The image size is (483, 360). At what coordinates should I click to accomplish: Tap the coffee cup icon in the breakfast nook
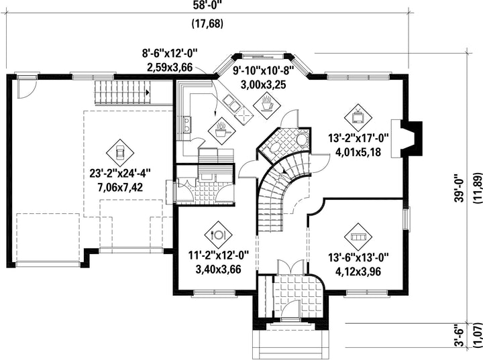[x=267, y=105]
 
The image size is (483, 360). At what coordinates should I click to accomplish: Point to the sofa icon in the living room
[x=358, y=237]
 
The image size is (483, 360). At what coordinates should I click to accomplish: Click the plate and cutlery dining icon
[x=219, y=235]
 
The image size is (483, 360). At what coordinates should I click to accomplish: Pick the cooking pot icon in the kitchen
[x=222, y=132]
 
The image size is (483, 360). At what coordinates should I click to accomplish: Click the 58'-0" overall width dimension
[x=208, y=5]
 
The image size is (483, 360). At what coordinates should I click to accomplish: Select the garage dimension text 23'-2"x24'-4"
[x=120, y=174]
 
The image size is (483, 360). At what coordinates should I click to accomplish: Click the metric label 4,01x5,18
[x=358, y=152]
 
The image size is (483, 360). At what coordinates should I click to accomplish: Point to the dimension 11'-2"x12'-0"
[x=219, y=255]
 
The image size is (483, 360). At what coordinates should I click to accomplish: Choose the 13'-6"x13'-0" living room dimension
[x=358, y=257]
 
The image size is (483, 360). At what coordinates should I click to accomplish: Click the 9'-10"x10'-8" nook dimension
[x=264, y=71]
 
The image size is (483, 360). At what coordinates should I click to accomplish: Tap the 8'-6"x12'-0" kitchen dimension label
[x=170, y=54]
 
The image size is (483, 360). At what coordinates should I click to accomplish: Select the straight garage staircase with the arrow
[x=122, y=93]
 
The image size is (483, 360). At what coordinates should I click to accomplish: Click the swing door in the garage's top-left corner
[x=27, y=88]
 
